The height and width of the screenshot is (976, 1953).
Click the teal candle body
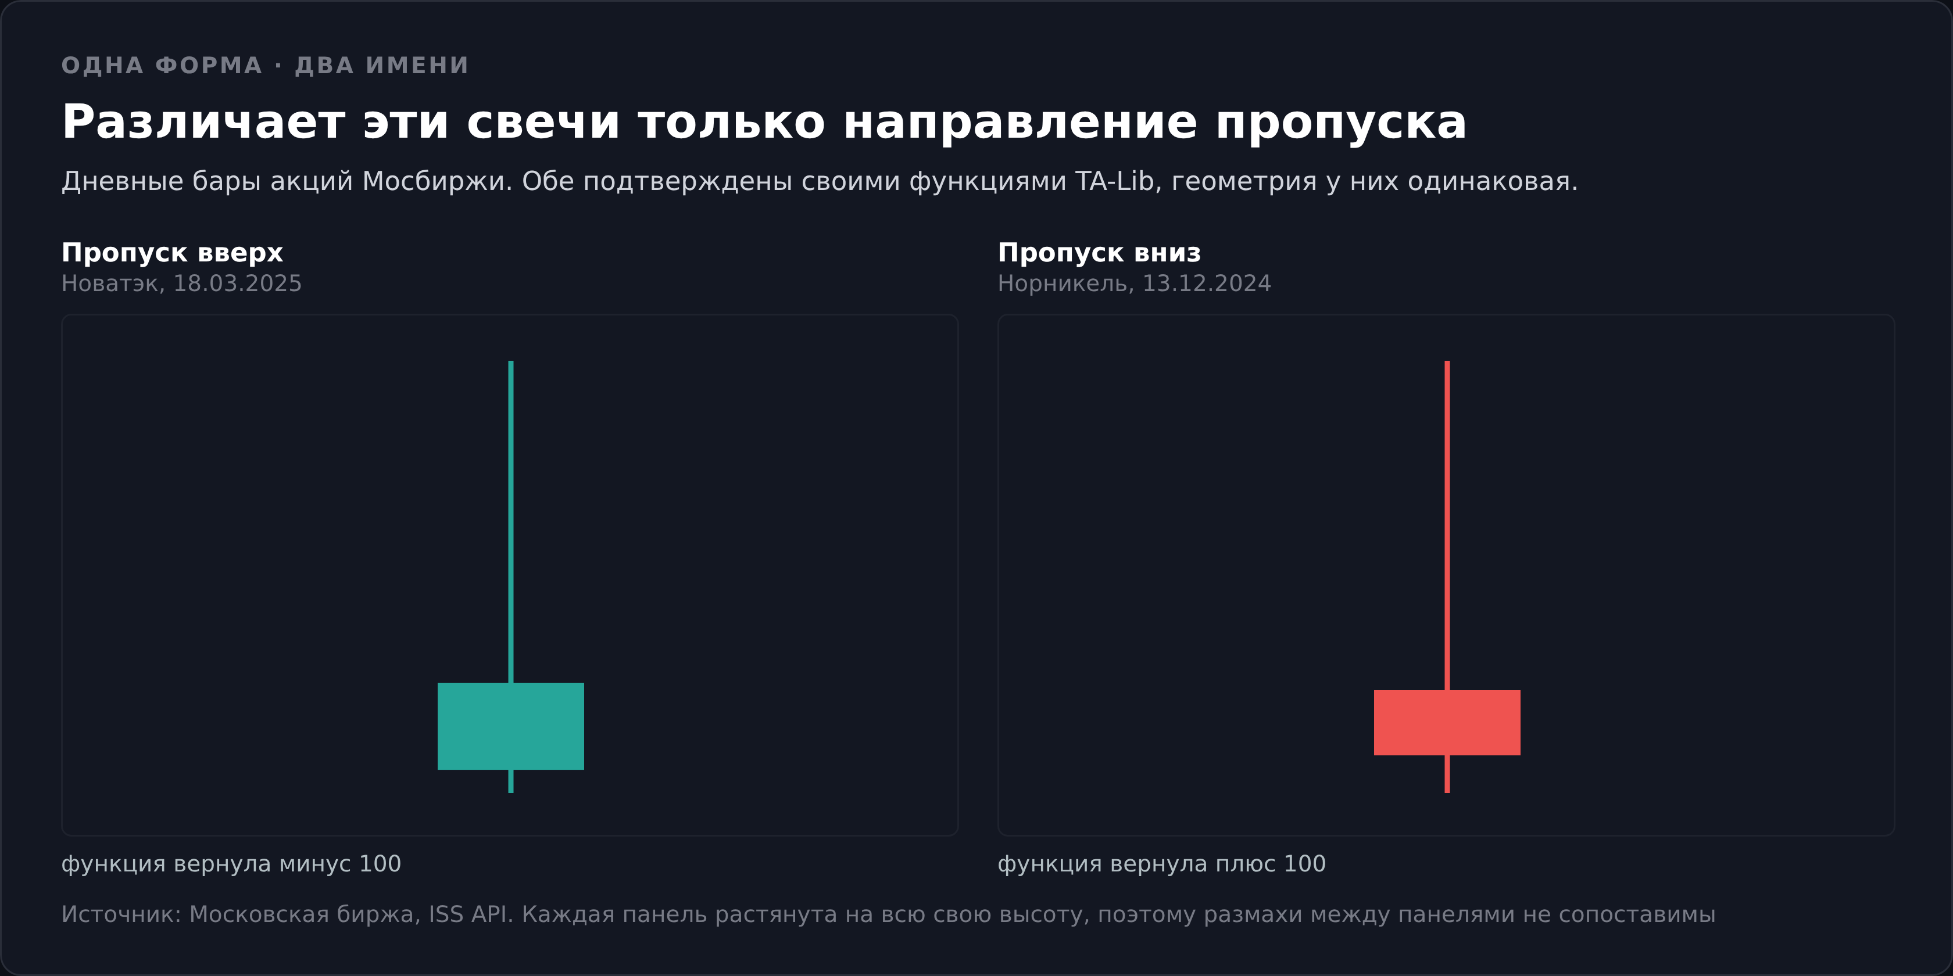click(510, 726)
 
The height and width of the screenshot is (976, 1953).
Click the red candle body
click(1447, 722)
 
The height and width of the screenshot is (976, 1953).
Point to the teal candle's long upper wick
click(510, 521)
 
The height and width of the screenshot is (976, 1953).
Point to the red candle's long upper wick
click(1447, 525)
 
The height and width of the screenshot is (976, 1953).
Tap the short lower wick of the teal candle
click(510, 781)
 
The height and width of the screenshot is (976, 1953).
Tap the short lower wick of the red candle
click(1447, 774)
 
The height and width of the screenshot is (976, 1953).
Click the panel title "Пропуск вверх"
click(172, 252)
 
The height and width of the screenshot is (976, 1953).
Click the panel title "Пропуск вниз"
click(1099, 252)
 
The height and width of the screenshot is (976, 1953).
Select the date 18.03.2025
click(237, 284)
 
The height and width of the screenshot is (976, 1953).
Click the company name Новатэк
click(110, 284)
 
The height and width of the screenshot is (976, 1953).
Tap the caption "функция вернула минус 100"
click(231, 864)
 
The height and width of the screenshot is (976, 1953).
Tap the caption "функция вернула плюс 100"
click(1161, 864)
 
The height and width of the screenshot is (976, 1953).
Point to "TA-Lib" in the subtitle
click(1114, 181)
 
